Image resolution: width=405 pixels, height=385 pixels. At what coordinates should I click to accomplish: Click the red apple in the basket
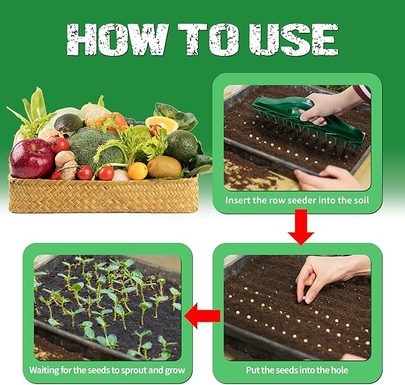click(31, 158)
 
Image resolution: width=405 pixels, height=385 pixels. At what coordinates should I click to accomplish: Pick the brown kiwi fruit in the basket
click(164, 167)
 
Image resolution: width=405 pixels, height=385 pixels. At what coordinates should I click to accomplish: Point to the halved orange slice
click(162, 124)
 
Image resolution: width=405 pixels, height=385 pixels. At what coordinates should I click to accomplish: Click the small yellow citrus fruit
click(138, 171)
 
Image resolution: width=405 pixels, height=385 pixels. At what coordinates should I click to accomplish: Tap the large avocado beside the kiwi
click(181, 147)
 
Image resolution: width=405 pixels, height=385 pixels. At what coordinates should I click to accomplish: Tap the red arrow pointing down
click(301, 230)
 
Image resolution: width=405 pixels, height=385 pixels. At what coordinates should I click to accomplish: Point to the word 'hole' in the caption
click(338, 370)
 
